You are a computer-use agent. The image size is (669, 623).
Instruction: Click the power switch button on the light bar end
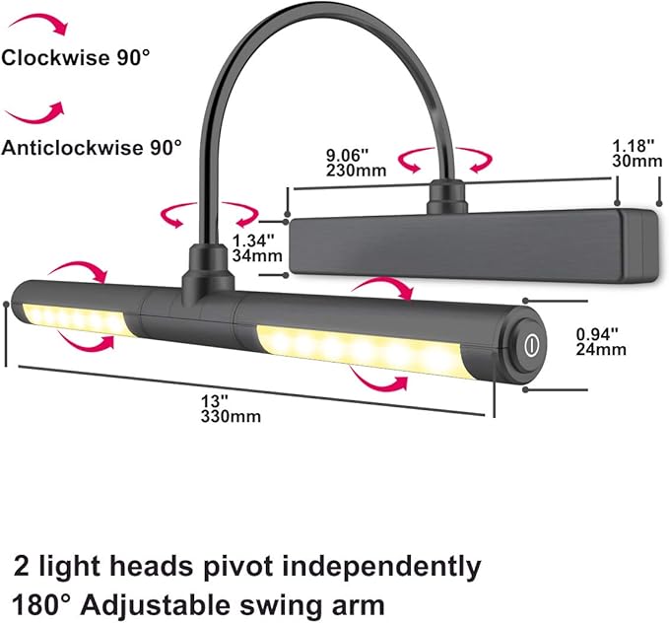pos(530,345)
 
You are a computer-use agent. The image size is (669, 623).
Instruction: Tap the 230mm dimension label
pos(357,171)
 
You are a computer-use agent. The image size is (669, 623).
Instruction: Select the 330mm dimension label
pos(231,416)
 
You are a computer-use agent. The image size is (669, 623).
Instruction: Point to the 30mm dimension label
pos(637,161)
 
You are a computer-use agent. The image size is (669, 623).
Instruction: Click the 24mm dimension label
pos(601,349)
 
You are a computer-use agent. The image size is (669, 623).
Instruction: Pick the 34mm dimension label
pos(257,255)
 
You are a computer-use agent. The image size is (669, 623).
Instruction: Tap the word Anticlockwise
pos(72,148)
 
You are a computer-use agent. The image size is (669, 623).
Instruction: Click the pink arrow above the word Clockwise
pos(39,23)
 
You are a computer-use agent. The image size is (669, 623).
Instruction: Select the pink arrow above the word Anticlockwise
pos(35,113)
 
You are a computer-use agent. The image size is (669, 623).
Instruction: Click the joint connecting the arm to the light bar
pos(208,274)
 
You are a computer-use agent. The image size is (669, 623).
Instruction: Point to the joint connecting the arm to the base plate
pos(446,196)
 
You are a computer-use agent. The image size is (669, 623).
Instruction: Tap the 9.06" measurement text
pos(347,154)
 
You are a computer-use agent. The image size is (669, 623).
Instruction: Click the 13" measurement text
pos(215,401)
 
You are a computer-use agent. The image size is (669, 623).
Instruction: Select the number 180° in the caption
pos(41,605)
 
